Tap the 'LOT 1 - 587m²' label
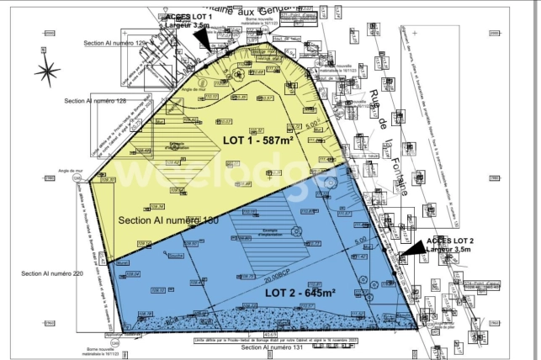coord(262,140)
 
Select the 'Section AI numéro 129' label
coord(115,42)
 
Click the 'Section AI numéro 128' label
coord(95,101)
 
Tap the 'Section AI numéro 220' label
coord(53,273)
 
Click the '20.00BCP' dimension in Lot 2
coord(278,279)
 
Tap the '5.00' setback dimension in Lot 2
coord(360,241)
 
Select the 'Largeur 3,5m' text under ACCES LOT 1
coord(188,26)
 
